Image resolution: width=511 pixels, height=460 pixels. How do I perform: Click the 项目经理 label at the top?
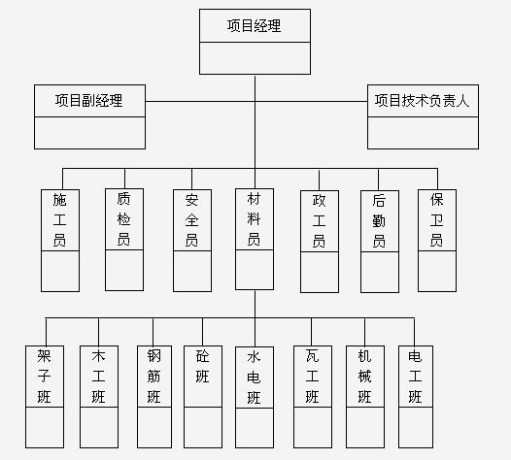pos(254,26)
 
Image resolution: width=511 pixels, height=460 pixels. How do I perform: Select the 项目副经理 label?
pos(89,100)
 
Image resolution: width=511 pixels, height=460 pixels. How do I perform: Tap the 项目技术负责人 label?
pos(422,100)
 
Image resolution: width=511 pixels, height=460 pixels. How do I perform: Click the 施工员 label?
pos(59,219)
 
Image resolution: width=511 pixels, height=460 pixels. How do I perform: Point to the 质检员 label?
pos(123,218)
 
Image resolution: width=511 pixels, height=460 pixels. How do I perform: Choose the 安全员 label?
pos(191,219)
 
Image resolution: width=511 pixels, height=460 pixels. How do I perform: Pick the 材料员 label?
pos(254,218)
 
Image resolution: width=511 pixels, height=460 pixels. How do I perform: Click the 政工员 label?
pos(319,220)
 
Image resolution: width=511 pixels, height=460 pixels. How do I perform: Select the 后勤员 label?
pos(379,220)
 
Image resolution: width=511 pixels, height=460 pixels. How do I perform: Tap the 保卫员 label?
pos(437,219)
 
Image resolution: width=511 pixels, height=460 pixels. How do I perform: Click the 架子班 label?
pos(44,376)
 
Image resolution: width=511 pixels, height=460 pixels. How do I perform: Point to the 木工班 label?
pos(98,376)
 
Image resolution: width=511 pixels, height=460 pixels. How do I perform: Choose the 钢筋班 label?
pos(154,376)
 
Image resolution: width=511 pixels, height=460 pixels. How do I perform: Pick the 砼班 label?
pos(202,366)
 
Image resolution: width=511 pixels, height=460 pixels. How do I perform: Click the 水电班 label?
pos(254,377)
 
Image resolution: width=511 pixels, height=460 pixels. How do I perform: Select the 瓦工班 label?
pos(312,376)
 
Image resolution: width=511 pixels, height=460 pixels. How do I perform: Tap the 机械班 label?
pos(364,376)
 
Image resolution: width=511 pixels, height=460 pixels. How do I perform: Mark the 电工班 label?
pos(415,376)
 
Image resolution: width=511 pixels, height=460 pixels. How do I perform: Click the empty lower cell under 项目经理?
pos(255,58)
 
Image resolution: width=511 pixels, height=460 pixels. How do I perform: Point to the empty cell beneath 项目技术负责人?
pos(423,133)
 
